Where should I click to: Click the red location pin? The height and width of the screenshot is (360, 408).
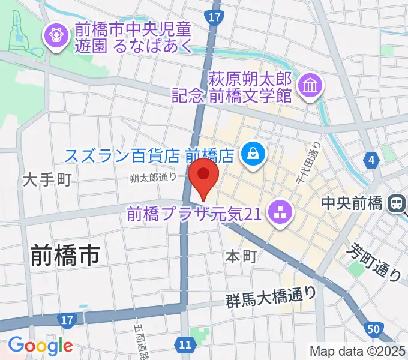click(204, 175)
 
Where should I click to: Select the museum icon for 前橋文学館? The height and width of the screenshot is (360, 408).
click(311, 85)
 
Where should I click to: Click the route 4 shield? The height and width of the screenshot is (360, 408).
click(372, 160)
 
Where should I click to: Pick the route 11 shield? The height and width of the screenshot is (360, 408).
click(186, 343)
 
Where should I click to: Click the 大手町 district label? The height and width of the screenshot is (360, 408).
click(48, 179)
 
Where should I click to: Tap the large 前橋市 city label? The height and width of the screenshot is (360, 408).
click(65, 257)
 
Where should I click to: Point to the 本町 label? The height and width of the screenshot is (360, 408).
click(241, 256)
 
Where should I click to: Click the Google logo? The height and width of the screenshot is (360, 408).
click(40, 346)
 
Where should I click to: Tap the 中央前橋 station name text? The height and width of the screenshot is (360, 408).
click(352, 203)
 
